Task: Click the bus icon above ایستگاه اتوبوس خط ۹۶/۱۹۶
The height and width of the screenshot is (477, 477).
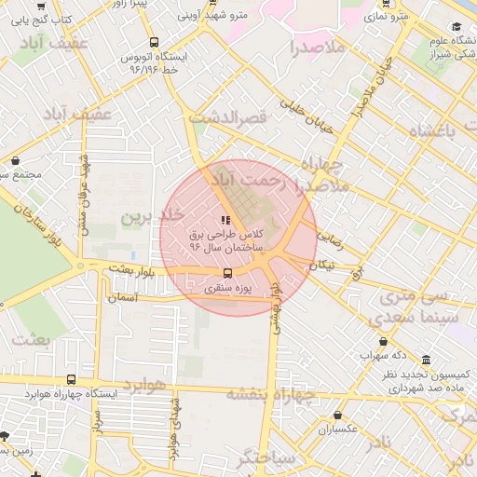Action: point(154,42)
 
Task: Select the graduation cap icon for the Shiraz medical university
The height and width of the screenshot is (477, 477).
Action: point(456,26)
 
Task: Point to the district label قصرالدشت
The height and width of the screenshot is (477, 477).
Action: point(227,118)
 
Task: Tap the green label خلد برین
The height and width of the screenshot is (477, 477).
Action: point(146,217)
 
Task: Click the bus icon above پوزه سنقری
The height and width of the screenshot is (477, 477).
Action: point(226,274)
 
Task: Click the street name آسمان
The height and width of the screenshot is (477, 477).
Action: point(149,297)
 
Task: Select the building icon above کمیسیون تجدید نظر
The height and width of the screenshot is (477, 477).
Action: point(426,360)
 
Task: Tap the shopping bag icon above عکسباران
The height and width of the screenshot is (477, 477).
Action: point(338,416)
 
